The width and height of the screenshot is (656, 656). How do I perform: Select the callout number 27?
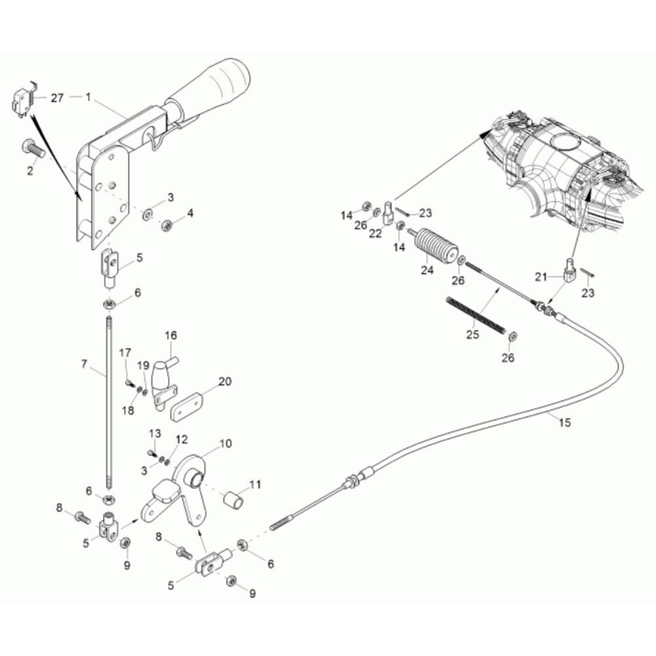tap(57, 98)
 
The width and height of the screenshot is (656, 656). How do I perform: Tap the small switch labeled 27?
tap(21, 101)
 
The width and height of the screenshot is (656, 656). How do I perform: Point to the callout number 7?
tap(84, 364)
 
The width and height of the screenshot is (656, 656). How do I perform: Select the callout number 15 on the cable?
tap(564, 422)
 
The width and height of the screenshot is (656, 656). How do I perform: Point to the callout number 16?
tap(171, 335)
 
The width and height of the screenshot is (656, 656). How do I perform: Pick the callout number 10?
tap(226, 443)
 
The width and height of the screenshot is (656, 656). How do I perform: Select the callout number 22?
tap(375, 234)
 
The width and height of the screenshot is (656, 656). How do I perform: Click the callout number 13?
tap(155, 433)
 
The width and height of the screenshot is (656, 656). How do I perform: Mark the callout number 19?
tap(143, 365)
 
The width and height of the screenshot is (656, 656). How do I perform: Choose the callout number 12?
tap(182, 440)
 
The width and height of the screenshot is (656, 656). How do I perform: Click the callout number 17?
tap(125, 353)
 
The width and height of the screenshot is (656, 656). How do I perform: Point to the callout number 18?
tap(128, 411)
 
